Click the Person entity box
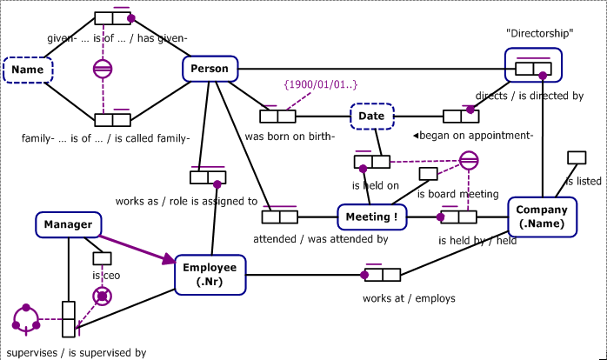point(210,70)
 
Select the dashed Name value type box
point(28,70)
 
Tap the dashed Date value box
point(373,116)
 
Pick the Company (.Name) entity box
point(542,217)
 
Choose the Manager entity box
point(68,225)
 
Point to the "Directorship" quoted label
point(540,33)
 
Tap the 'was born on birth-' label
point(290,136)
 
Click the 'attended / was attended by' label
point(320,239)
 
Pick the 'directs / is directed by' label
point(529,96)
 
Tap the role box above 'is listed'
point(576,157)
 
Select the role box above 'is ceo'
point(103,257)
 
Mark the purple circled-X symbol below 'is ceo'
point(103,297)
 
